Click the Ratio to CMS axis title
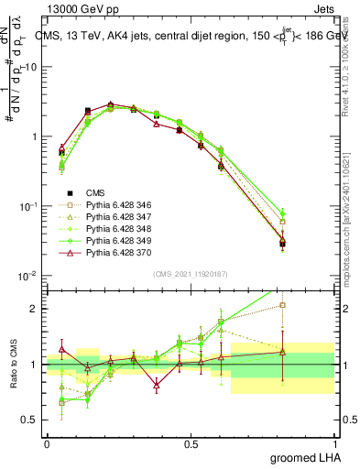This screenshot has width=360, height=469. pyautogui.click(x=12, y=365)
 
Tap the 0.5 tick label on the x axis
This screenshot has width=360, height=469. pyautogui.click(x=191, y=443)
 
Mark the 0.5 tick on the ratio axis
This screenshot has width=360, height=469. pyautogui.click(x=33, y=420)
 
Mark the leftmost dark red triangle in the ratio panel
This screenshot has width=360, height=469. pyautogui.click(x=61, y=349)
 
